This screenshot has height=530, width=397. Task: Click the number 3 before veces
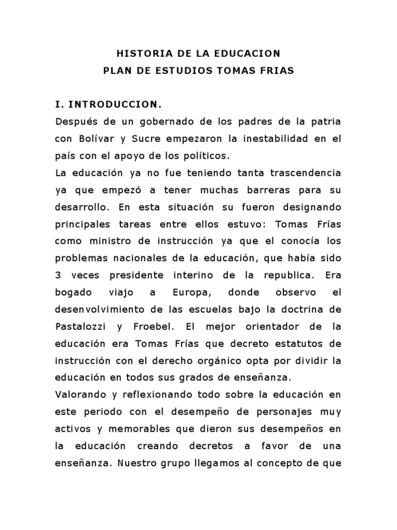click(x=58, y=275)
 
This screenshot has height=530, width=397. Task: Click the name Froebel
click(x=161, y=326)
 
